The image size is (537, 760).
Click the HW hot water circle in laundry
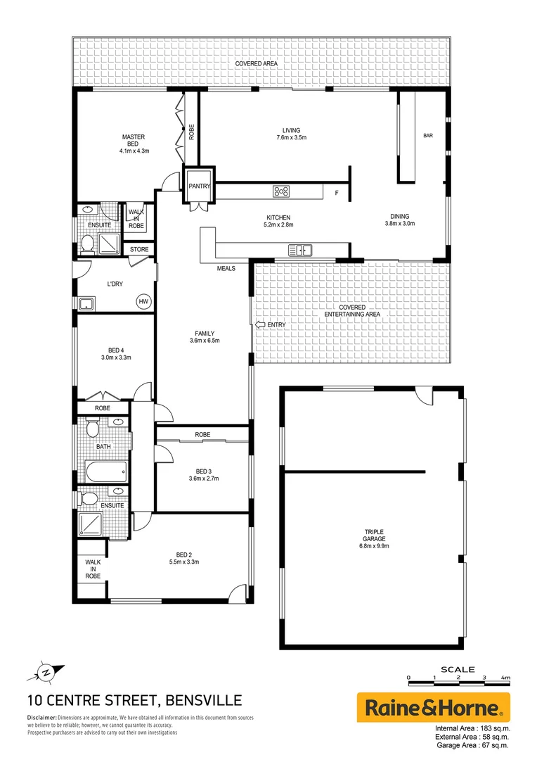point(143,301)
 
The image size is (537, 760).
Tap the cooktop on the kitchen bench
point(282,191)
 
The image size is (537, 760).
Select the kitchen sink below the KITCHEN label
point(300,249)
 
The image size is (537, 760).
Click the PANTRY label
point(200,186)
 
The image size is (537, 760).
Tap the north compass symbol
point(46,672)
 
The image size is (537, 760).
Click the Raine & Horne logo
point(434,707)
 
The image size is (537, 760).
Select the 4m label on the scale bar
point(505,677)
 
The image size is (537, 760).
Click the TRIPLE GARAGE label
point(373,536)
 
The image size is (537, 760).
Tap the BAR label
point(428,136)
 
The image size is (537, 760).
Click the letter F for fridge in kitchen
point(337,192)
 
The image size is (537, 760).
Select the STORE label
point(139,249)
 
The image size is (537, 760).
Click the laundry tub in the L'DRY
point(88,304)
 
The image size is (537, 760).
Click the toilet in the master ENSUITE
point(88,243)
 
